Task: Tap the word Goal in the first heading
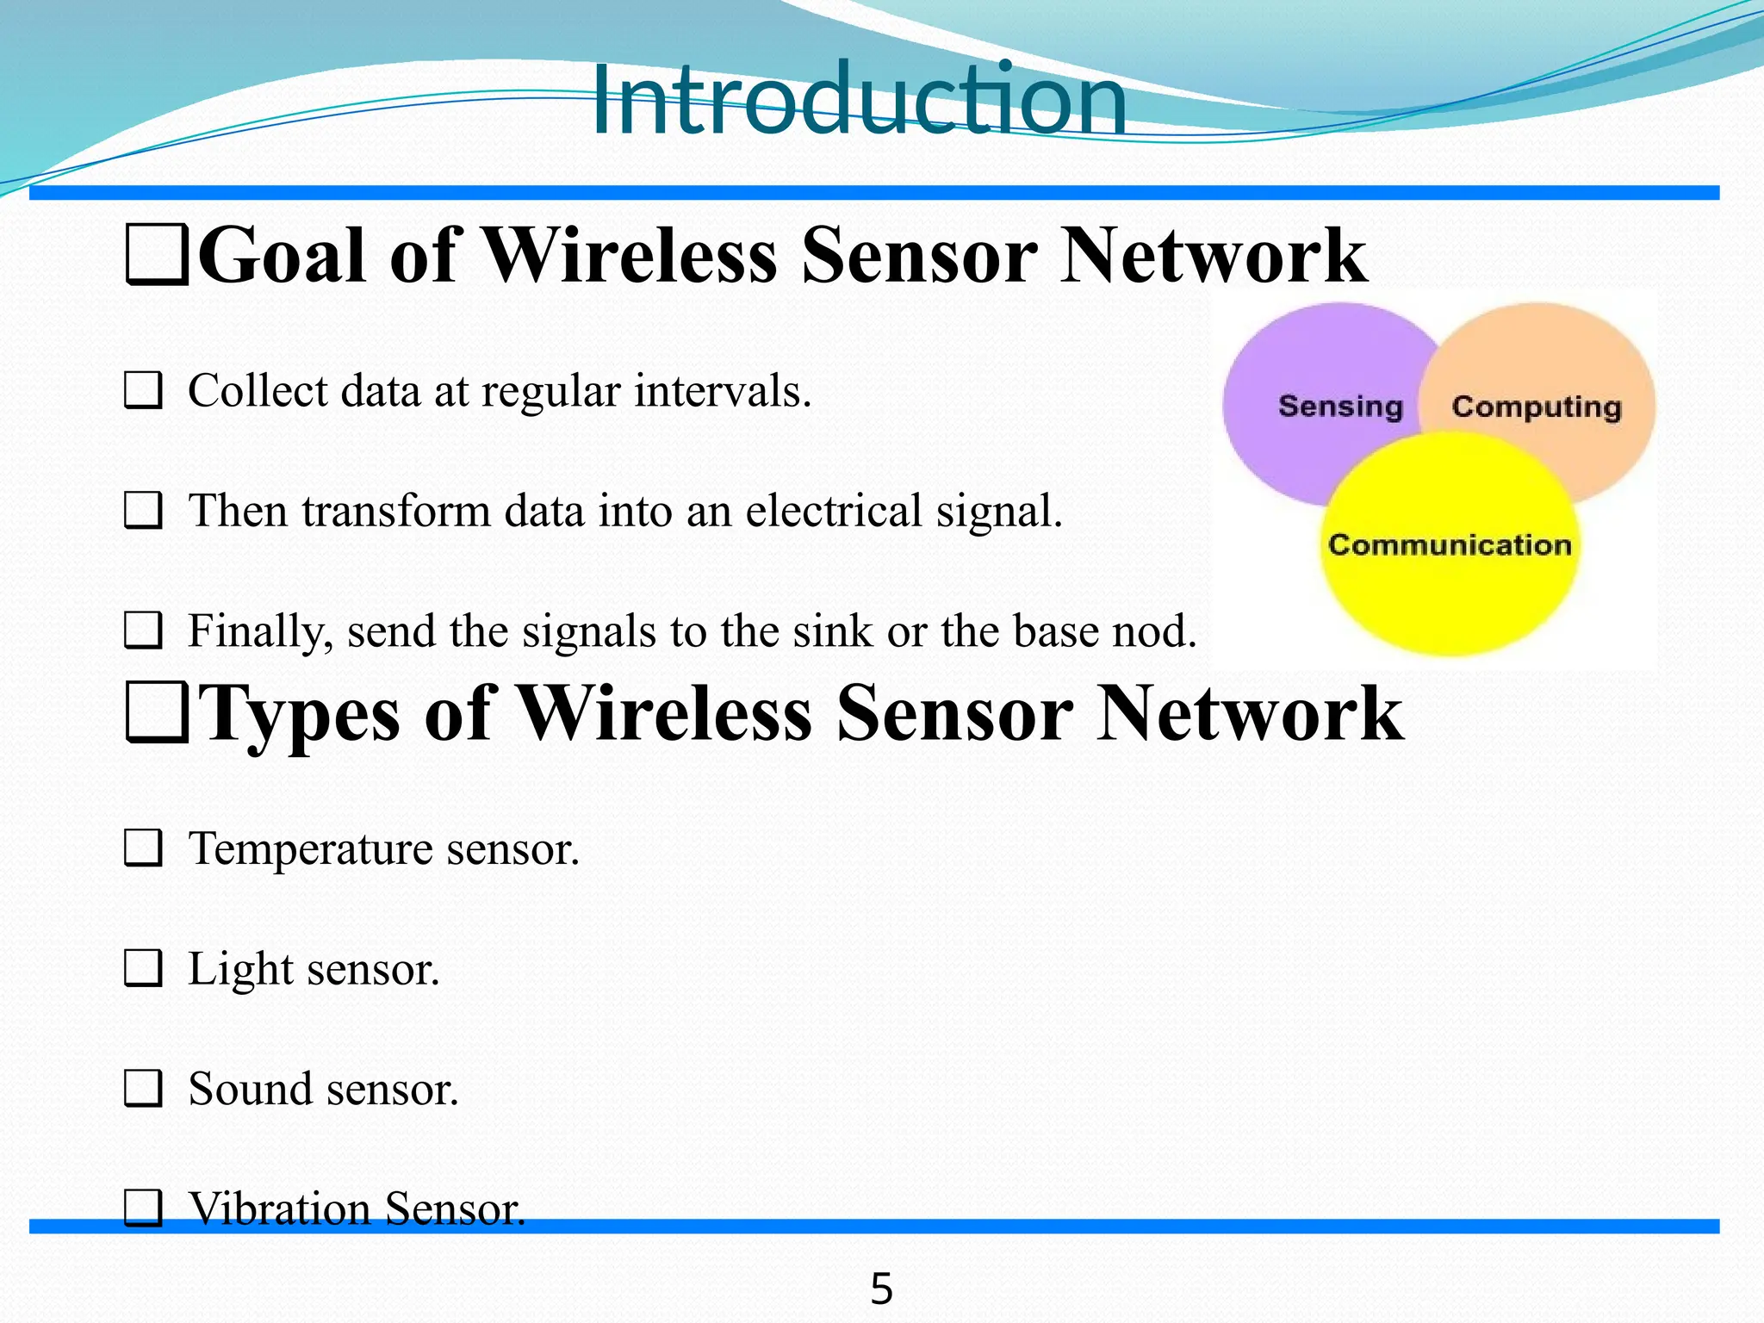tap(283, 256)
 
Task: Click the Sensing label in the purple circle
tap(1340, 406)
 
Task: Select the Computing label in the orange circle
tap(1537, 407)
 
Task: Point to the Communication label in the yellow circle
tap(1450, 545)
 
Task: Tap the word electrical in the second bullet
tap(834, 511)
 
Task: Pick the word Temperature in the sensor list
tap(311, 848)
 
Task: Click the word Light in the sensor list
tap(240, 969)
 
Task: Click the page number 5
tap(881, 1289)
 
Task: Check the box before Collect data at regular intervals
tap(143, 391)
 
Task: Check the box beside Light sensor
tap(143, 969)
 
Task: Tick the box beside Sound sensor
tap(143, 1089)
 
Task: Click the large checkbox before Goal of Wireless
tap(157, 256)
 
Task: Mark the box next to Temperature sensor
tap(143, 848)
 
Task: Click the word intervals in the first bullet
tap(722, 391)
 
